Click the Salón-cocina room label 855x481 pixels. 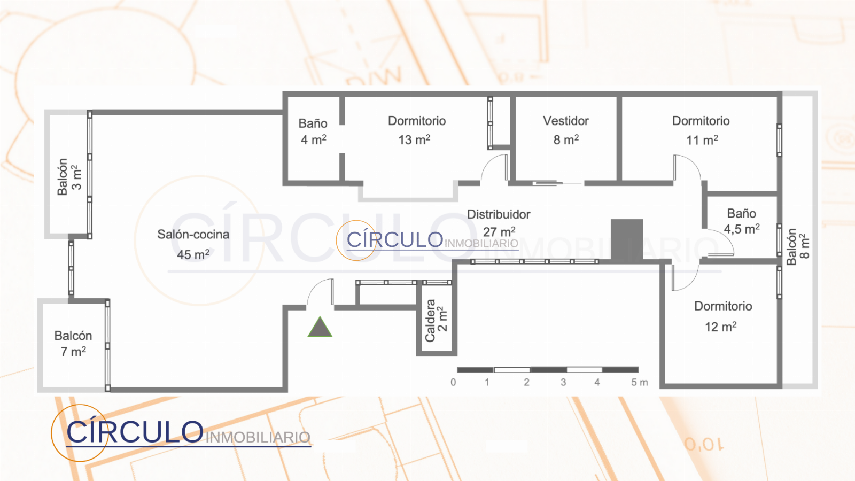(193, 235)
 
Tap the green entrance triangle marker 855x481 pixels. (320, 328)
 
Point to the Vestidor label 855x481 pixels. (566, 121)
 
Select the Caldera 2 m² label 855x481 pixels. (436, 320)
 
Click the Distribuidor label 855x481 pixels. (499, 214)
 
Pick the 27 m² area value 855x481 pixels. (499, 232)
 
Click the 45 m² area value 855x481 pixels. (193, 254)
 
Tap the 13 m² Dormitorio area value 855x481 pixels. (414, 139)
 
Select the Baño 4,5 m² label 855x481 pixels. (741, 221)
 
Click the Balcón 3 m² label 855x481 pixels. (69, 177)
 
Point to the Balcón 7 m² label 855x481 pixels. (73, 344)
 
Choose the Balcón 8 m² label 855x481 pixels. (798, 246)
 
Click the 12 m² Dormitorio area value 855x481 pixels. (720, 327)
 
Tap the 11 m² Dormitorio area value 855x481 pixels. (702, 140)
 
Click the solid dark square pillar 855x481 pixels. (627, 241)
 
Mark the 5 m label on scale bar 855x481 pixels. (639, 383)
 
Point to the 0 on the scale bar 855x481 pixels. (453, 383)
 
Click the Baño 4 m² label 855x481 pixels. (313, 131)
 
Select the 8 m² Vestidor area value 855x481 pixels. (566, 139)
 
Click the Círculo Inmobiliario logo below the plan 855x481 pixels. (181, 433)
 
